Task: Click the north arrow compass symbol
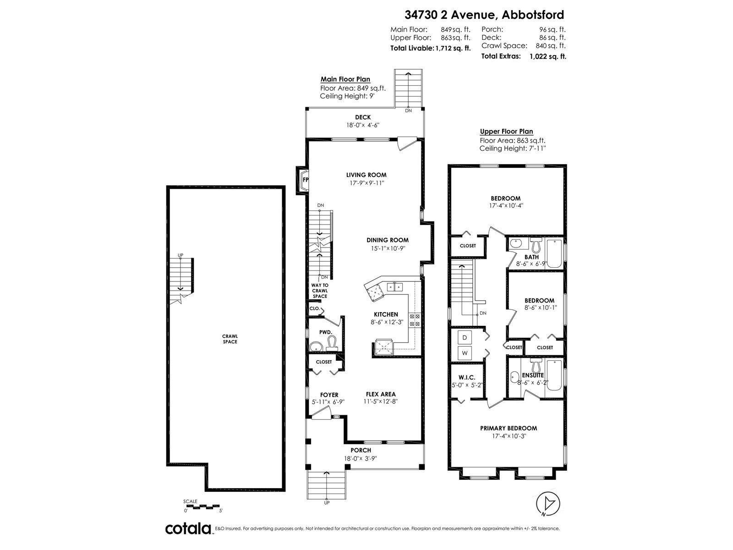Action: tap(548, 503)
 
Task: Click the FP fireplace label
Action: tap(305, 180)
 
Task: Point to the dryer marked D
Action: tap(465, 338)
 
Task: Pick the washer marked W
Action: tap(465, 353)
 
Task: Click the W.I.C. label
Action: tap(466, 377)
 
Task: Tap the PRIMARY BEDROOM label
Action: tap(509, 428)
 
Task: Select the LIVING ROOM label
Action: tap(366, 175)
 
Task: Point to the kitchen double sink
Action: tap(395, 287)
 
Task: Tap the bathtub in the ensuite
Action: tap(555, 375)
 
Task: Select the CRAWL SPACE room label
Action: tap(230, 339)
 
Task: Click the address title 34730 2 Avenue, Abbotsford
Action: tap(484, 15)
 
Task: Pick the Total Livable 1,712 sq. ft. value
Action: tap(453, 48)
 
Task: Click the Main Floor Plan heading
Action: tap(345, 79)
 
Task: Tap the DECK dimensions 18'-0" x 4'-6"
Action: tap(363, 125)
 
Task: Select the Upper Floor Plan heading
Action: tap(507, 131)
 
